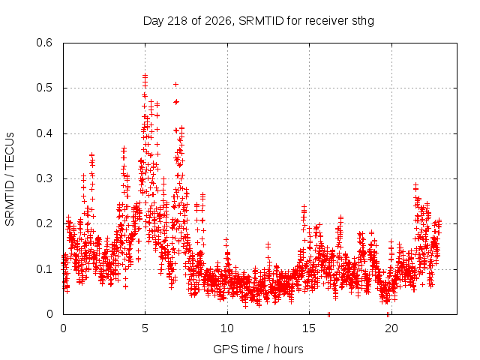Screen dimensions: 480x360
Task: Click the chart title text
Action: [258, 21]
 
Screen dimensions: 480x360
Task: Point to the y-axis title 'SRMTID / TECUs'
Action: [10, 179]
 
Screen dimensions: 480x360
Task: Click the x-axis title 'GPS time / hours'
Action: [258, 349]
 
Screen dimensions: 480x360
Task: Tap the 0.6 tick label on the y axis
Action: [44, 43]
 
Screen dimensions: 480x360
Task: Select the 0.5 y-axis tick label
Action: [44, 88]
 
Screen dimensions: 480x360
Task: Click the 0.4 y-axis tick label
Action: [44, 133]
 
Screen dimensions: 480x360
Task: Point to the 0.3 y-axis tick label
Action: [44, 178]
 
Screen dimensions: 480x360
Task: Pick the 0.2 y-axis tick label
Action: [44, 223]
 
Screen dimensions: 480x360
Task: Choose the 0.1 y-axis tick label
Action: [44, 269]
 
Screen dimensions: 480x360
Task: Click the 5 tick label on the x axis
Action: [145, 328]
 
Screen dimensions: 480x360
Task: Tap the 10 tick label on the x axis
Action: [227, 328]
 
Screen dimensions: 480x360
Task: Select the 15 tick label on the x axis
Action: [309, 328]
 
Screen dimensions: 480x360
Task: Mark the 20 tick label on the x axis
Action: [391, 328]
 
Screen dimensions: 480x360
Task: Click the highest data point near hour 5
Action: [145, 75]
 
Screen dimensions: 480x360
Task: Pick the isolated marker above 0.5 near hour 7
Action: [175, 84]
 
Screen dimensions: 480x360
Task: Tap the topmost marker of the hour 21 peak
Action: [415, 184]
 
